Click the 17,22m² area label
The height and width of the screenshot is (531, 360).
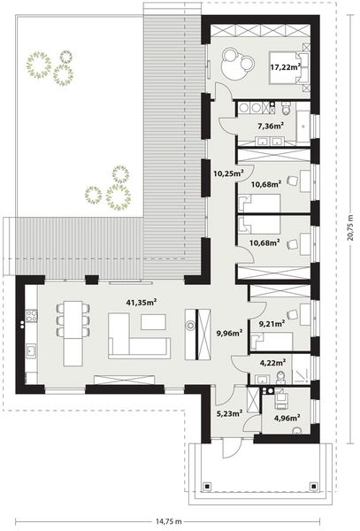point(285,65)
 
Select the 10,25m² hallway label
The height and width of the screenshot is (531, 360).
point(227,173)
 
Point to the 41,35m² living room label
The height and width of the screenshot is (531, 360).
point(141,303)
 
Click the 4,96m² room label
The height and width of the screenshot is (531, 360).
point(287,417)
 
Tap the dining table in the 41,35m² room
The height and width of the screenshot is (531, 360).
point(73,320)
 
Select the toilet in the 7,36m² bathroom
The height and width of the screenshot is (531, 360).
point(286,109)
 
